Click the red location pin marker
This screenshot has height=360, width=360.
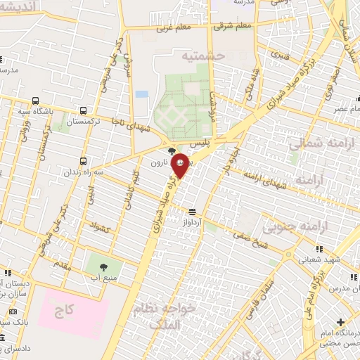[x=181, y=165]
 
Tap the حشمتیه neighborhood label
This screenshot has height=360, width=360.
[x=202, y=55]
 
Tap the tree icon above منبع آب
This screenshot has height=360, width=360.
[x=103, y=267]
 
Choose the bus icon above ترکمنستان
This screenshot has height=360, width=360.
[x=84, y=110]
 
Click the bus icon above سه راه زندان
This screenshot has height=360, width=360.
[x=84, y=161]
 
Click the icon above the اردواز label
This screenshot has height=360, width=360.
[x=192, y=212]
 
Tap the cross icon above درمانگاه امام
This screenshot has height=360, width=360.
[x=340, y=322]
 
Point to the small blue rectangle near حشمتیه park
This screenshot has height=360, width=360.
[x=142, y=94]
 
